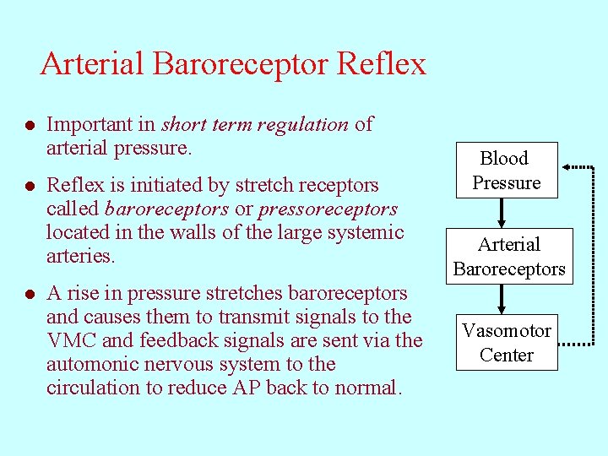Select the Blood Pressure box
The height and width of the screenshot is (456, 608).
(507, 171)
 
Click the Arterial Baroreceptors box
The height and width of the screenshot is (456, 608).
(508, 257)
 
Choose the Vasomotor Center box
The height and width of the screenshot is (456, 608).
(507, 343)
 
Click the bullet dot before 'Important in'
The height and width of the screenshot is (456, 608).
(30, 126)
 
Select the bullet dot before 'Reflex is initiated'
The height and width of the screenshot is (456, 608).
(30, 186)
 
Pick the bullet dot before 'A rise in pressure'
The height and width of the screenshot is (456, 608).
(30, 295)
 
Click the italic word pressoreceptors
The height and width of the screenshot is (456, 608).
(328, 209)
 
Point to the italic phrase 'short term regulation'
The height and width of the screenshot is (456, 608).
(254, 125)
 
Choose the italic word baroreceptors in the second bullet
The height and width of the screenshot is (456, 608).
(166, 209)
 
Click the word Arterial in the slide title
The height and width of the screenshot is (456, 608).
(92, 64)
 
